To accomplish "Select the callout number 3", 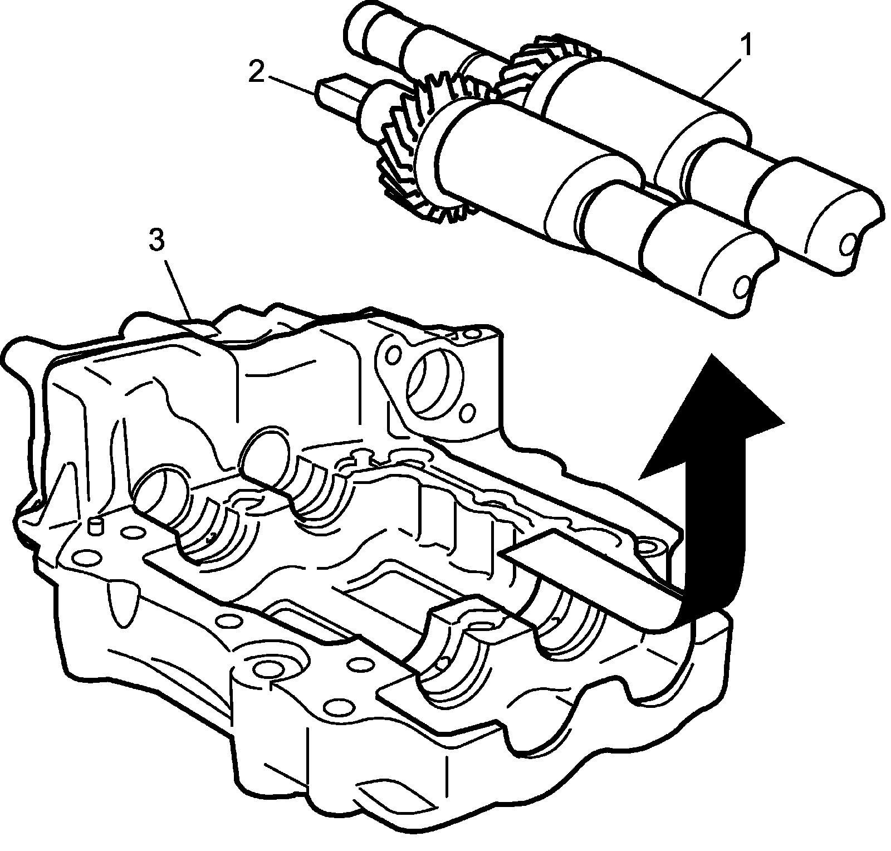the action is [156, 241].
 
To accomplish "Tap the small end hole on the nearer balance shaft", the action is [742, 287].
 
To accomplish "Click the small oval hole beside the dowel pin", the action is [132, 532].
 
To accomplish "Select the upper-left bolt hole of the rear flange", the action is [393, 354].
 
